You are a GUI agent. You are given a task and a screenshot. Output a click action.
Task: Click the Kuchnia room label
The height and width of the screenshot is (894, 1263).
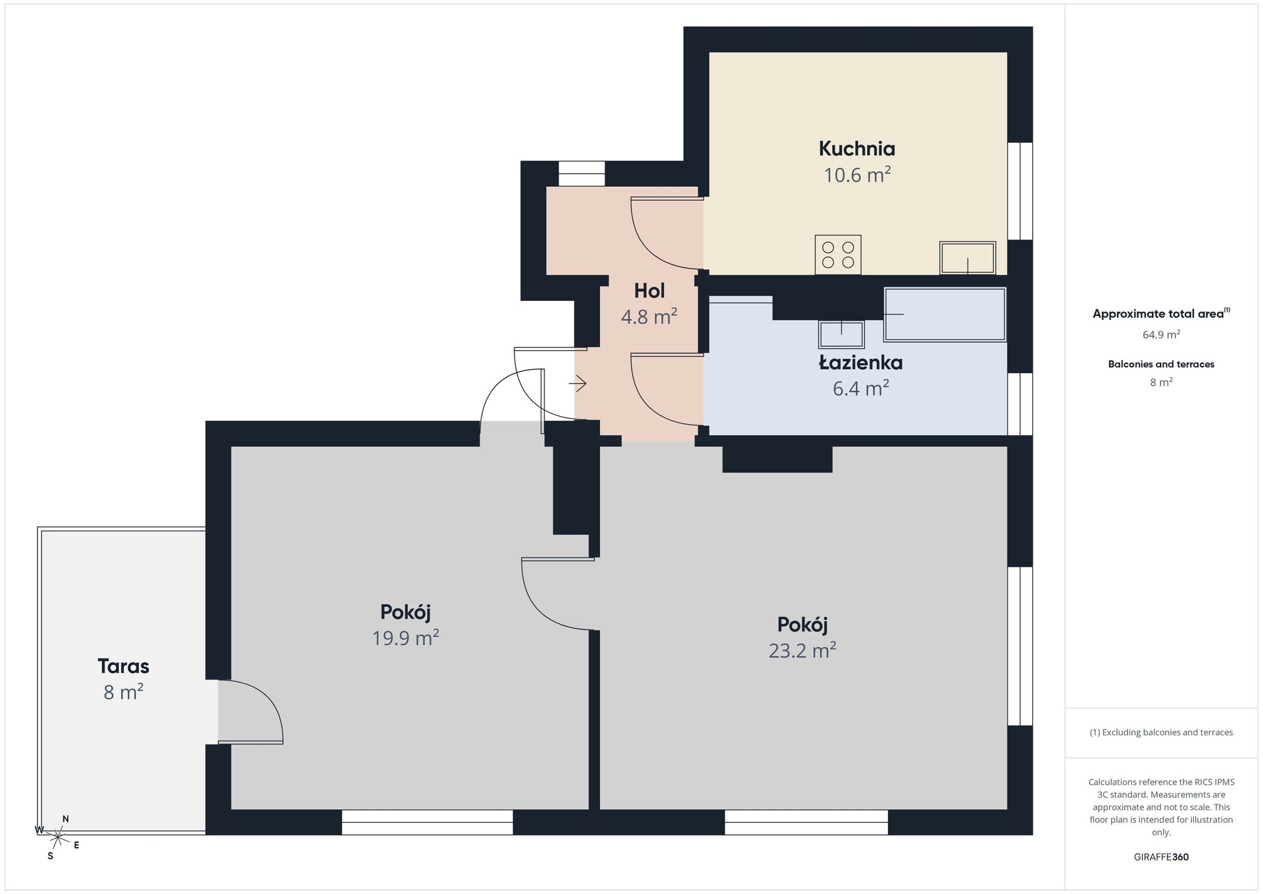click(856, 149)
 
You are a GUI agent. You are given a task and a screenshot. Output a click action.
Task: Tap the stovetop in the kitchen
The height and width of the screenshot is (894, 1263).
click(838, 255)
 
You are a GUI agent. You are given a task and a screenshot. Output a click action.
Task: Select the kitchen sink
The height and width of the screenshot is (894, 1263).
click(968, 257)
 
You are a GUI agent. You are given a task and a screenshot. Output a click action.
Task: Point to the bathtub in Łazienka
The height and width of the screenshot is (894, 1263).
click(945, 315)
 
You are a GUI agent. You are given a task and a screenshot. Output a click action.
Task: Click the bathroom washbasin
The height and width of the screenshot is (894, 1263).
click(841, 334)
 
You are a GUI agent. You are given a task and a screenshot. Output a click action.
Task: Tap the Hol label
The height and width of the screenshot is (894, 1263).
click(649, 291)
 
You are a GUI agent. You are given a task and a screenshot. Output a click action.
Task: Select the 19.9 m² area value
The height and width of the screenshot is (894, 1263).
click(406, 638)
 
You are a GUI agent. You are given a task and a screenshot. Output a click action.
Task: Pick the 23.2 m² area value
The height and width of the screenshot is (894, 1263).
click(803, 650)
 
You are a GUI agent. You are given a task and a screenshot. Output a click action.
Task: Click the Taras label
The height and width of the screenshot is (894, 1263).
click(124, 666)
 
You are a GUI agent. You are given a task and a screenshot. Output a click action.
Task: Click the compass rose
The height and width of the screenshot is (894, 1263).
click(58, 837)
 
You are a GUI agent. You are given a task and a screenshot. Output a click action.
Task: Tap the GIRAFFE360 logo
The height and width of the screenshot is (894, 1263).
click(1161, 857)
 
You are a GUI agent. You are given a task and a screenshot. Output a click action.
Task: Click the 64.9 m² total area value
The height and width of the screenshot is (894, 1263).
click(1161, 334)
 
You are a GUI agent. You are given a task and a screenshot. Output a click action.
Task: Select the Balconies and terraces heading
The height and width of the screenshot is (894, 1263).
click(1161, 364)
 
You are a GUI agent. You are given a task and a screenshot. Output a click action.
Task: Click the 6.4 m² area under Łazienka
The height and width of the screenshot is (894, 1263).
click(861, 388)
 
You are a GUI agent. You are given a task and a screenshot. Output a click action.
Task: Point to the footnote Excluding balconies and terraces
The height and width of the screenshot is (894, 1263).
click(1161, 732)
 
